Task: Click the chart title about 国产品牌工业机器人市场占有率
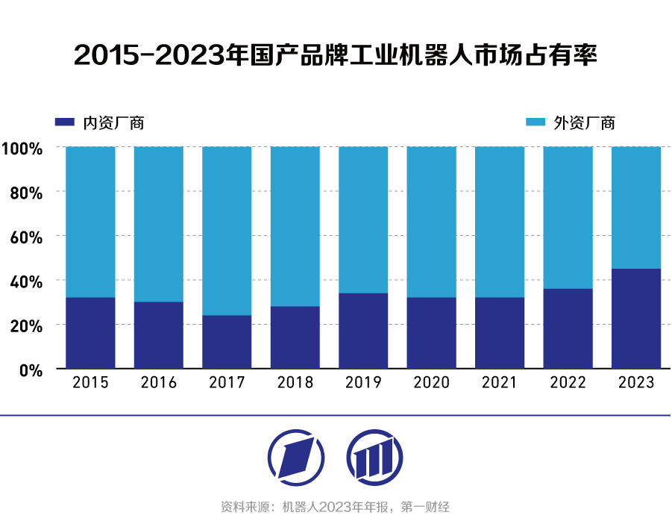(336, 55)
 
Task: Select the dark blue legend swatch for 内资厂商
(66, 122)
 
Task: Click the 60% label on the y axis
(25, 237)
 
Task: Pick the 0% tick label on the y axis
(30, 369)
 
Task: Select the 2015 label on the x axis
(90, 383)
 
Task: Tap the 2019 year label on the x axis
(363, 383)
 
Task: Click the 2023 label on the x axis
(636, 383)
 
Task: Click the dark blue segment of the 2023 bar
(636, 319)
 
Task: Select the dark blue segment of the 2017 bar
(227, 342)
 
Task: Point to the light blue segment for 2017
(227, 231)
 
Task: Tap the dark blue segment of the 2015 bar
(90, 333)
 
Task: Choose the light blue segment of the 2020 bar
(432, 222)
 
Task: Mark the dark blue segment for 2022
(568, 328)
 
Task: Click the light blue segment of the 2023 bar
(636, 208)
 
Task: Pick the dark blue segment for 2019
(363, 331)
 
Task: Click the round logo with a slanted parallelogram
(296, 457)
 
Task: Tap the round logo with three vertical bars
(374, 457)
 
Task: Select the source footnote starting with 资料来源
(335, 508)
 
